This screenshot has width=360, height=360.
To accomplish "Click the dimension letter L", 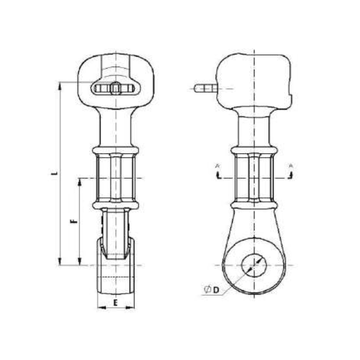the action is pos(54,172).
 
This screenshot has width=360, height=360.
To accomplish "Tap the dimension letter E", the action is pos(116,302).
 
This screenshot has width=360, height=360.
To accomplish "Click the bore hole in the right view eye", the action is pos(254,265).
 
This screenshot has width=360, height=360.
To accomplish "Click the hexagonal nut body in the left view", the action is pos(116,178).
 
